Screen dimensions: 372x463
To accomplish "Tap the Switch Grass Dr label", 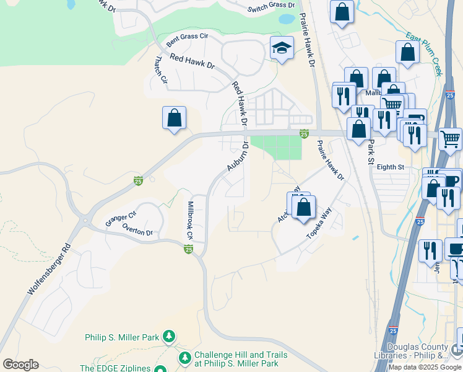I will pos(271,7).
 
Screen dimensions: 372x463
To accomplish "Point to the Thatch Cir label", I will pos(160,71).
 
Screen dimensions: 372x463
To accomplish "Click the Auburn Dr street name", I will pos(237,157).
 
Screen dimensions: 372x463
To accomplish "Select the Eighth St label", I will pos(390,167).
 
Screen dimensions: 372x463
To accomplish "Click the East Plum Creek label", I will pos(424,55).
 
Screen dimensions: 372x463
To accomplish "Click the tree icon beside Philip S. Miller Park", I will pos(168,337).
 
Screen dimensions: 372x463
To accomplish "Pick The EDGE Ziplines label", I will pos(115,368).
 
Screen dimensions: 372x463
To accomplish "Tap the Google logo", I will pos(20,365).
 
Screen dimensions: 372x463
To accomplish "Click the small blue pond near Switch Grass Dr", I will pos(287,19).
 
